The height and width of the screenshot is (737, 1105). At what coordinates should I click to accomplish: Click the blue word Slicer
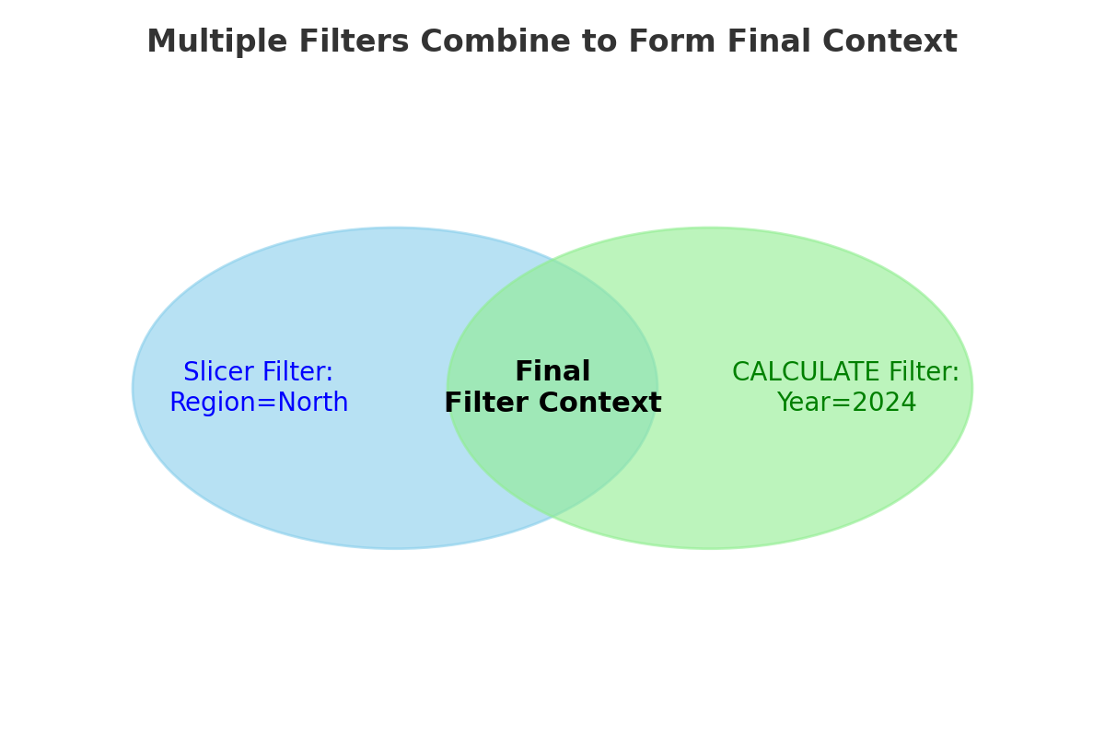(x=219, y=372)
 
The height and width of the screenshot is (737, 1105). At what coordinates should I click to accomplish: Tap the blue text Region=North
(x=259, y=404)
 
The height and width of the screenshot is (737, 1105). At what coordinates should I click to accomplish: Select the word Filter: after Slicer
(x=297, y=372)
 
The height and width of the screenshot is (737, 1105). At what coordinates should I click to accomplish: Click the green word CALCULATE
(x=806, y=372)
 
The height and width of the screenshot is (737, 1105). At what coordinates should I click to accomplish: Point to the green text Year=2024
(x=846, y=404)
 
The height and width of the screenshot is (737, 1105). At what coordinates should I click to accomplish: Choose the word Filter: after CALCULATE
(x=923, y=372)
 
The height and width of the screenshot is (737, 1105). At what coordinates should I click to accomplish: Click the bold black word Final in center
(x=552, y=372)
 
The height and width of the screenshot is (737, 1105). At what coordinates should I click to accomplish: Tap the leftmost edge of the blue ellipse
(x=133, y=388)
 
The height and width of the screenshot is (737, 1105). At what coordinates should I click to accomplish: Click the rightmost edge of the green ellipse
(x=972, y=388)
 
